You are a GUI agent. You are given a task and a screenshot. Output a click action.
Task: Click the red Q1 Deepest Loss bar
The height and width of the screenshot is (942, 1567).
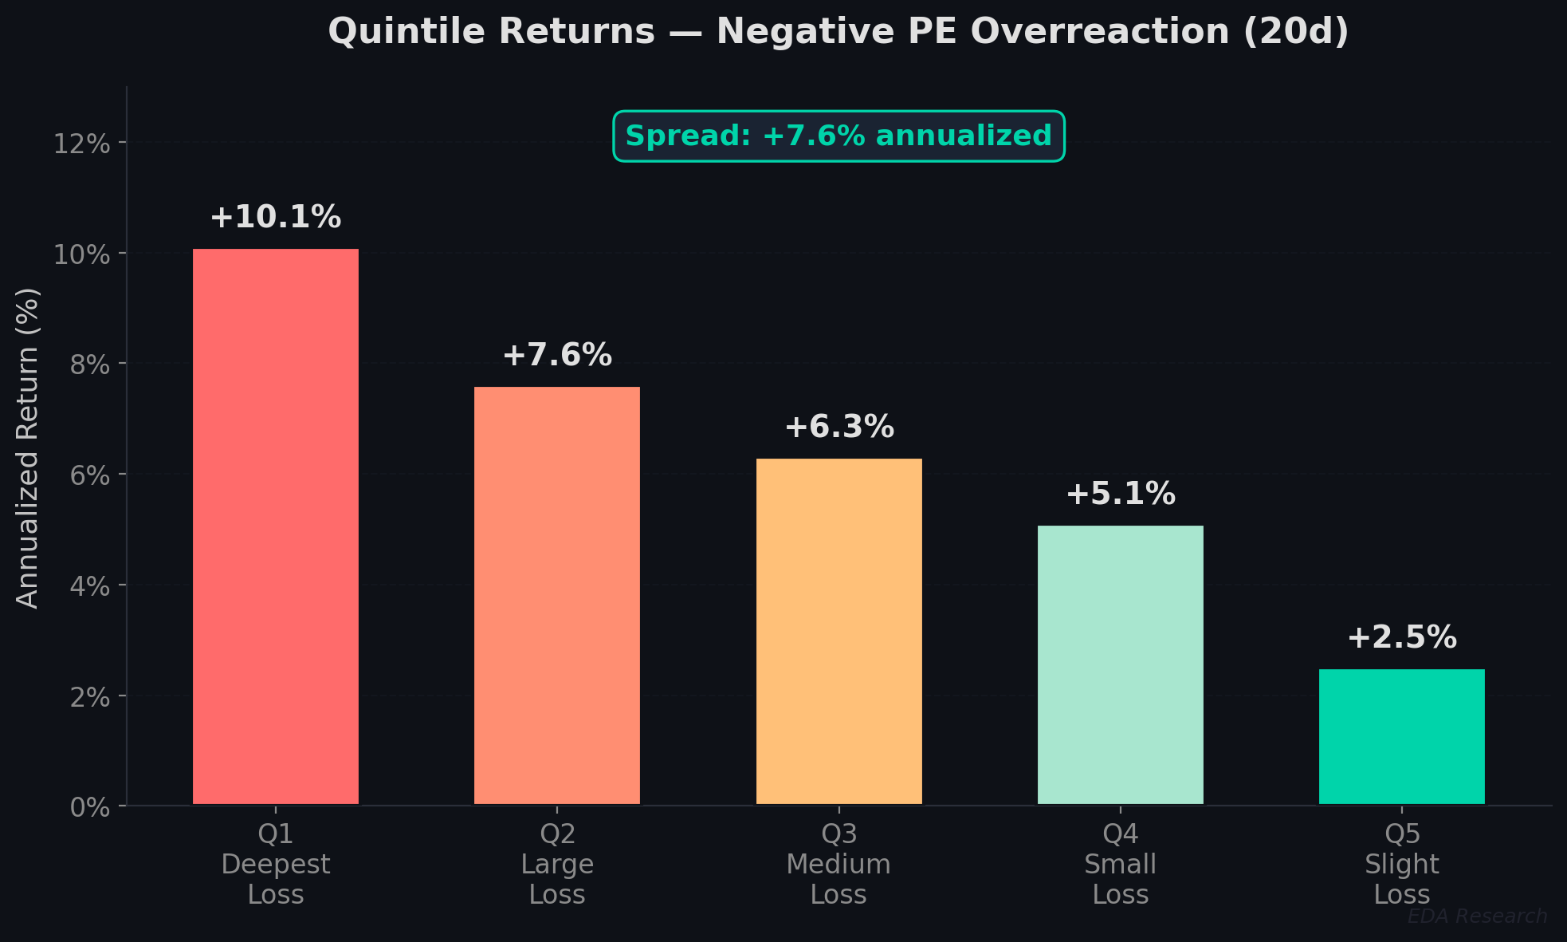click(x=275, y=526)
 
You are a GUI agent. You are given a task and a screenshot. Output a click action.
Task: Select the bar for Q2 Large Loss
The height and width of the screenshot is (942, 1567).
click(x=556, y=595)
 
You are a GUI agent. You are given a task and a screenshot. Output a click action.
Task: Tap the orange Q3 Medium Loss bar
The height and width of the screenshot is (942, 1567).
click(x=838, y=631)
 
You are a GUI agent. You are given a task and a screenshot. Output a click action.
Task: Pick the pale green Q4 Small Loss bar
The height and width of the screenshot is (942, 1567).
click(x=1120, y=664)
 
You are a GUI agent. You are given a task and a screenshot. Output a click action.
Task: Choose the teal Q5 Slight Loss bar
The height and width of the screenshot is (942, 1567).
click(x=1401, y=736)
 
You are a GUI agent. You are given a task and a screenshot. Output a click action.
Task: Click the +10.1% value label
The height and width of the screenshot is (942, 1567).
click(x=275, y=217)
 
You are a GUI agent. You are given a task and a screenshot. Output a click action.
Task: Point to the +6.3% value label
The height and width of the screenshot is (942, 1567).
click(x=838, y=427)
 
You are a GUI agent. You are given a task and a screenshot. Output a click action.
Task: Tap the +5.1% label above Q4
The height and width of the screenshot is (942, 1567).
click(x=1120, y=494)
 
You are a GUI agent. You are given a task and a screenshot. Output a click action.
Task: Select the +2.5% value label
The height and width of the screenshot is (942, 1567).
click(x=1401, y=637)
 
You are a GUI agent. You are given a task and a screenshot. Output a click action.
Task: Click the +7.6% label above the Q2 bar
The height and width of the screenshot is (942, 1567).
click(x=556, y=355)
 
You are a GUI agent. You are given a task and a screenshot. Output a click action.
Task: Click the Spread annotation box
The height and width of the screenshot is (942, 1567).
click(x=838, y=136)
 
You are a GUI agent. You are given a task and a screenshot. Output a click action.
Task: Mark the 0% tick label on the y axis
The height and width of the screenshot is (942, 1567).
click(x=89, y=807)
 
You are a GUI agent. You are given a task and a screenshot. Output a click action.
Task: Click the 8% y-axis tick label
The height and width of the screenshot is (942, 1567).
click(x=89, y=365)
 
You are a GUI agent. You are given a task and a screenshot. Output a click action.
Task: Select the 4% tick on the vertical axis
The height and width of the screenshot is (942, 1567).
click(x=89, y=586)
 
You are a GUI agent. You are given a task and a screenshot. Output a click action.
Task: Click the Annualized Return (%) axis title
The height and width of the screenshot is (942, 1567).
click(x=28, y=448)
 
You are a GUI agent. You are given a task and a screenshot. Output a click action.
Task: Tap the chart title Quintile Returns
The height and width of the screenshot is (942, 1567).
click(x=838, y=32)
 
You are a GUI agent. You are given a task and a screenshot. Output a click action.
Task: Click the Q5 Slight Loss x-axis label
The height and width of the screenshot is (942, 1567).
click(x=1401, y=864)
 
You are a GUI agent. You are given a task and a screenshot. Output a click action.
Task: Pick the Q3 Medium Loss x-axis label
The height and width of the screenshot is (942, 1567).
click(x=838, y=864)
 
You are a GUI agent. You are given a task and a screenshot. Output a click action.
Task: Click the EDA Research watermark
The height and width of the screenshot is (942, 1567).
click(x=1477, y=916)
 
